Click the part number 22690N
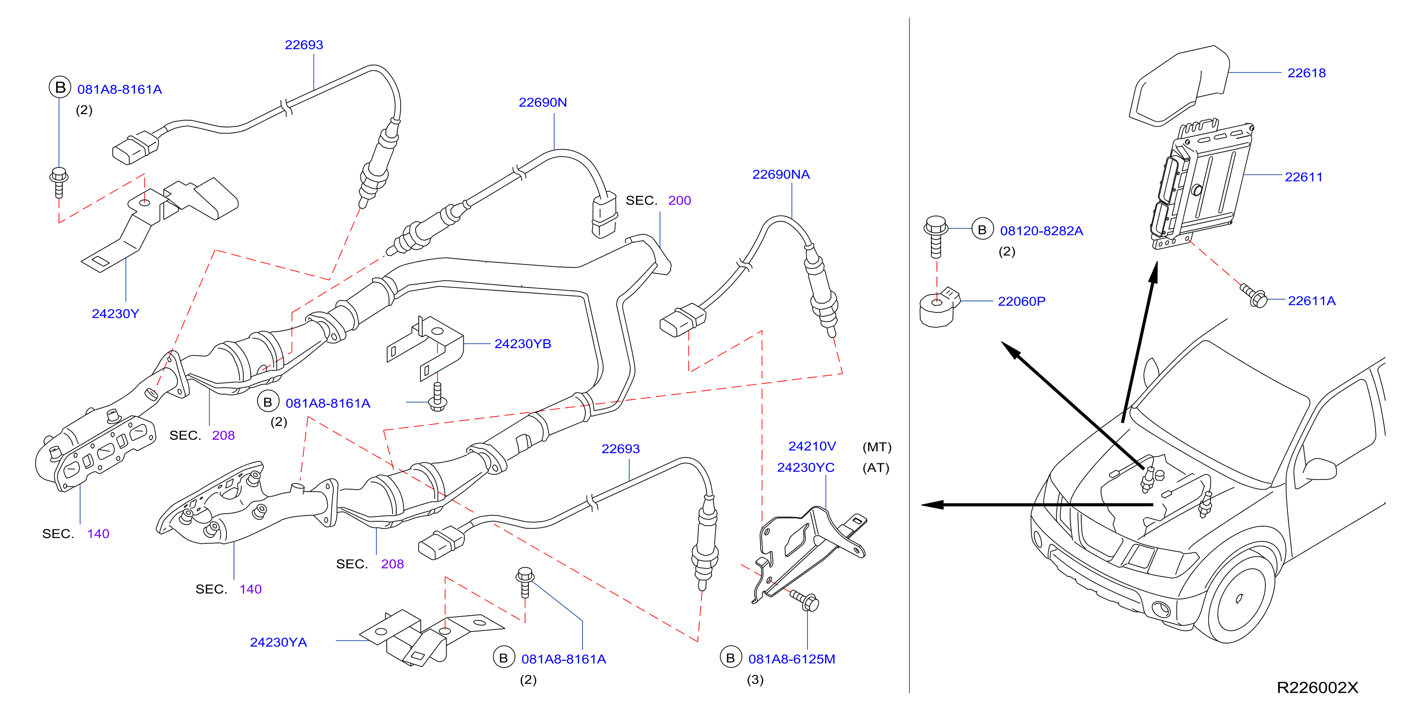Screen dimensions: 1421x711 (542, 103)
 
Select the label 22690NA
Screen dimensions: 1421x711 (781, 174)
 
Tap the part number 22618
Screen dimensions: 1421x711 (1306, 73)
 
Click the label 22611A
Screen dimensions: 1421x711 (1311, 301)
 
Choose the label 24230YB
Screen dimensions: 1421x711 (522, 344)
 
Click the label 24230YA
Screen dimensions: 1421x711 (278, 642)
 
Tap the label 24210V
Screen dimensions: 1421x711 (812, 446)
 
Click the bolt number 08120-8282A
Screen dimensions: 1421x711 (1041, 231)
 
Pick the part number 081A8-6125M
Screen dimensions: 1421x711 (792, 659)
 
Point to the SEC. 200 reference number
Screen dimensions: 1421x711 (679, 200)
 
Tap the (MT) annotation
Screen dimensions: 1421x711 (876, 447)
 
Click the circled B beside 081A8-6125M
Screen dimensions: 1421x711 (730, 657)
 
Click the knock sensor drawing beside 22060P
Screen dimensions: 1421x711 (939, 307)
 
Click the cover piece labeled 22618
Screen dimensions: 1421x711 (1179, 86)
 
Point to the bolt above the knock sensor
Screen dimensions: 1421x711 (936, 237)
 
